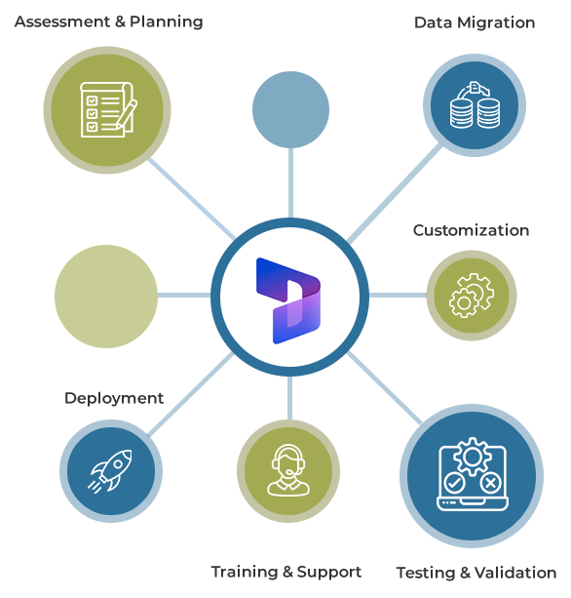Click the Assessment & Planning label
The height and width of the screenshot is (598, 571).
tap(108, 21)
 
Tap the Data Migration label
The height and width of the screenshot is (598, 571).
tap(475, 22)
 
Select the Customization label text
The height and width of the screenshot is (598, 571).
tap(472, 230)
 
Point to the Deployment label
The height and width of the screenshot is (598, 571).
tap(114, 399)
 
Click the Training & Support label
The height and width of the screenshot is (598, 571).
tap(286, 572)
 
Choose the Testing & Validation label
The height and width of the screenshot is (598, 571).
tap(476, 573)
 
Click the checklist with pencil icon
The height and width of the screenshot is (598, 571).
tap(108, 109)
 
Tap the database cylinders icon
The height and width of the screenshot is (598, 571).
tap(475, 104)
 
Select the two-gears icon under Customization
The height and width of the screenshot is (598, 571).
tap(472, 296)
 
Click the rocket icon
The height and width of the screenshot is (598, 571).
tap(110, 471)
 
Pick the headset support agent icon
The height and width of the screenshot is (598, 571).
tap(288, 470)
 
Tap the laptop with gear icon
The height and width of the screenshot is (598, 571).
tap(472, 474)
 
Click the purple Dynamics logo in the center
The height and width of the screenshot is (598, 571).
tap(288, 300)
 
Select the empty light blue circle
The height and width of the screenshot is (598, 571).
tap(290, 109)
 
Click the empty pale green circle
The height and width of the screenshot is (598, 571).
tap(106, 297)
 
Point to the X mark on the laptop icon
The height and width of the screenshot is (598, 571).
tap(490, 484)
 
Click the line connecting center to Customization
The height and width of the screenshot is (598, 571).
tap(398, 296)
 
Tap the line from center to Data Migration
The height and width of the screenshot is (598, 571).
tap(395, 194)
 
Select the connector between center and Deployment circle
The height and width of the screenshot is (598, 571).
tap(190, 394)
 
